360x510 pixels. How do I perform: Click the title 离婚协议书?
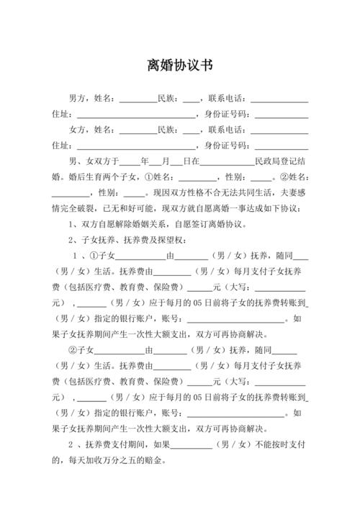coord(179,65)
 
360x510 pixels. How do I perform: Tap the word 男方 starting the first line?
coord(78,99)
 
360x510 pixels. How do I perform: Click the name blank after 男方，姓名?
coord(138,100)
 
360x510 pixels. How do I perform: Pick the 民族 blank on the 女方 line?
coord(191,132)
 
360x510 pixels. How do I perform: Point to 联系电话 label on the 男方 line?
coord(226,99)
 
